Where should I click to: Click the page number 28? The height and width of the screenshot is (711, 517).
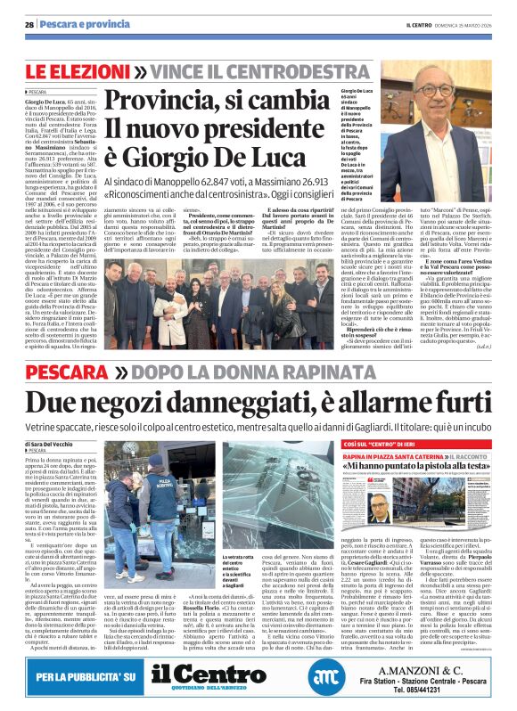pyautogui.click(x=29, y=25)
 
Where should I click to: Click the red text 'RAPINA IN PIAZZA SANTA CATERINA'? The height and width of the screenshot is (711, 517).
pyautogui.click(x=389, y=455)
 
